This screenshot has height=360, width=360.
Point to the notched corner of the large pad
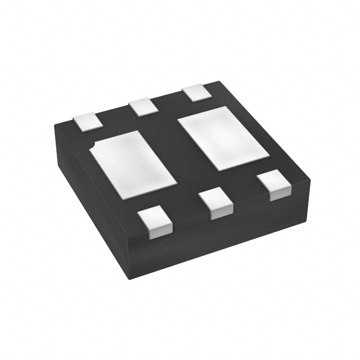pos(92,147)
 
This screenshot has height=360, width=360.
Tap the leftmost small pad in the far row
pos(86,121)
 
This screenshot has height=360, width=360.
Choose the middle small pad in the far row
pos(141,107)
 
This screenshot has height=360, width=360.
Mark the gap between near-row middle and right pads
pos(245,194)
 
